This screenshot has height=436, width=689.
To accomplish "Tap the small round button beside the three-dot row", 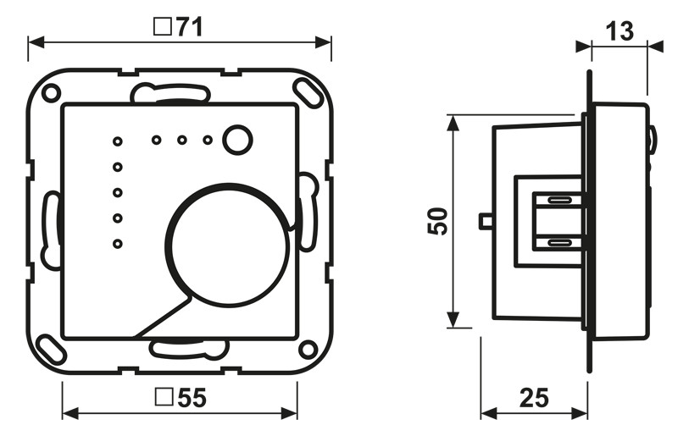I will [x=237, y=140].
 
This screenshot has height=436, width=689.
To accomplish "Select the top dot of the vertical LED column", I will [x=118, y=141].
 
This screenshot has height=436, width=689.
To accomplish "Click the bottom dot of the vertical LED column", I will [x=118, y=246].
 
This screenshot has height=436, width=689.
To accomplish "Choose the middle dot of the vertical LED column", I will [x=118, y=193].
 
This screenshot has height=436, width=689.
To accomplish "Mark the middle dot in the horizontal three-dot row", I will [x=181, y=141].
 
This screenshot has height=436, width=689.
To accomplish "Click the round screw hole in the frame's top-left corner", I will [x=51, y=91].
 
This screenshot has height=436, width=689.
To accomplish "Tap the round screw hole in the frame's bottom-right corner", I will [x=308, y=347].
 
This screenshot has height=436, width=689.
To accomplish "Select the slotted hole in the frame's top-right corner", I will [x=303, y=90].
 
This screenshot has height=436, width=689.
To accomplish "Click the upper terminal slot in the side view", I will [x=558, y=201].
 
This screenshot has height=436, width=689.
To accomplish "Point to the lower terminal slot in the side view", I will [x=558, y=242].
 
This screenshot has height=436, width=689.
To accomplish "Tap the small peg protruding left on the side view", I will [x=486, y=222].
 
